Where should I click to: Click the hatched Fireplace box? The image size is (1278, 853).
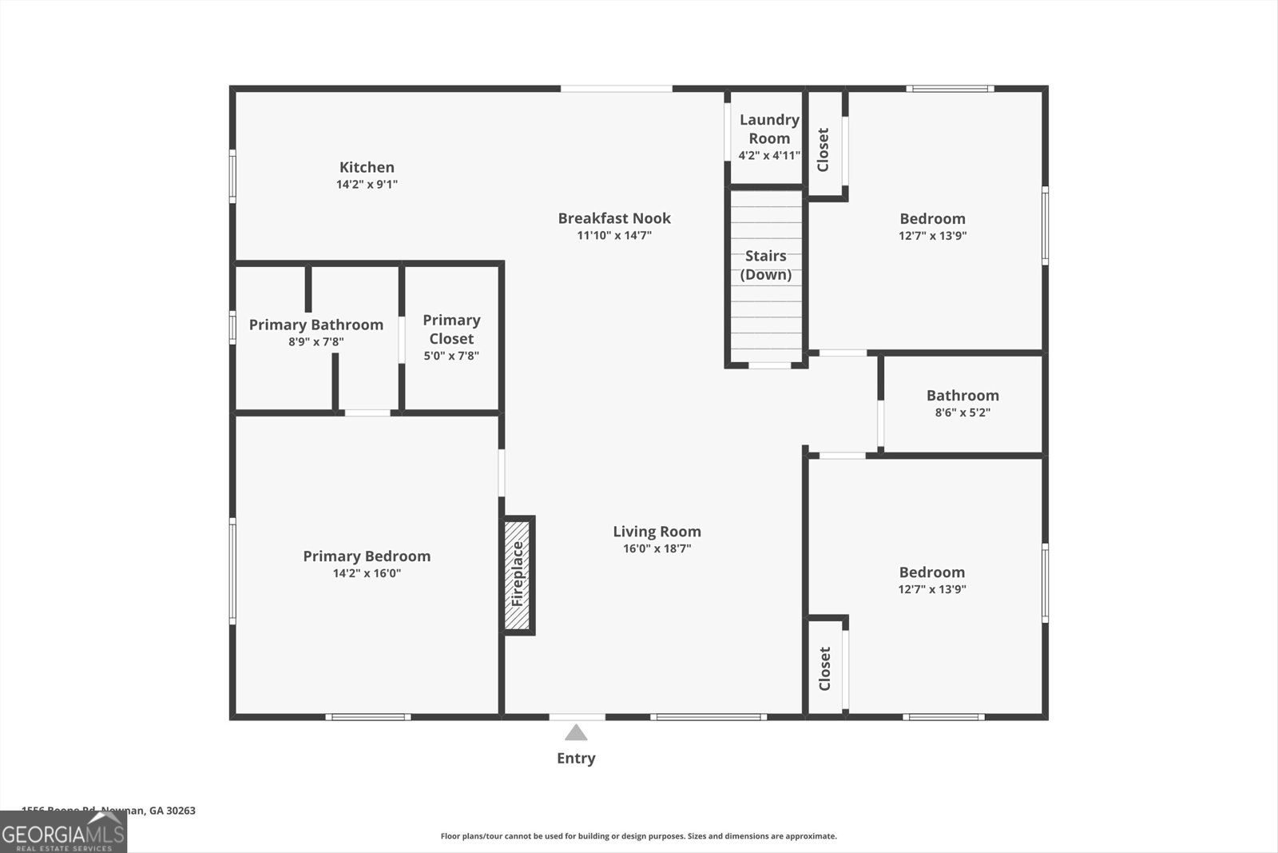point(518,575)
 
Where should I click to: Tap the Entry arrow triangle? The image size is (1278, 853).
point(576,733)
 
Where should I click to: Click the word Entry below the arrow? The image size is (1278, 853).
point(576,758)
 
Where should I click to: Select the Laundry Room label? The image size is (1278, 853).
point(769,129)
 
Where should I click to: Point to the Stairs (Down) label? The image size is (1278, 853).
point(766,265)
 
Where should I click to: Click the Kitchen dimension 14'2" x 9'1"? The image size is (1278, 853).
point(367,185)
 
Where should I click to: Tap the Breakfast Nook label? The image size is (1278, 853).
point(614,218)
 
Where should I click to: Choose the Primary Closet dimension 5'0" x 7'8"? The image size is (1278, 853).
point(451,356)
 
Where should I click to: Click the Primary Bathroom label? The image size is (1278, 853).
point(316,325)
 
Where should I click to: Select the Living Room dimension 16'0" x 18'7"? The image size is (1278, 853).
point(657,548)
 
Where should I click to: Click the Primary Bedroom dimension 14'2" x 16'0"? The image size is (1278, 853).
point(367,573)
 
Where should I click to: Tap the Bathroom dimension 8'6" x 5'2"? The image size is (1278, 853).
point(962,413)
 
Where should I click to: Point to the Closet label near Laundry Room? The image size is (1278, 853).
point(824,149)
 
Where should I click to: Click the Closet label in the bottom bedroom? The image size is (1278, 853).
point(825,668)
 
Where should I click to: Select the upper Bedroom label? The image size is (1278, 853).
point(932,218)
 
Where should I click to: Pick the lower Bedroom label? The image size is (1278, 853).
point(931,572)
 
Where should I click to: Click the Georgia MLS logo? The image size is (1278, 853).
point(63,832)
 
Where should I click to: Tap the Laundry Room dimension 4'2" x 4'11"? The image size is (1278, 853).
point(769,156)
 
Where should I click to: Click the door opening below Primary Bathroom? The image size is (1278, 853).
point(367,413)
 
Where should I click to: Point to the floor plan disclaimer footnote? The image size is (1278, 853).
point(638,836)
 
